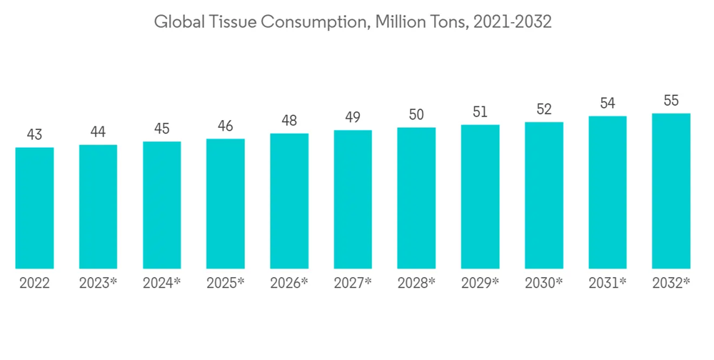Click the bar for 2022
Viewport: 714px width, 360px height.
(34, 208)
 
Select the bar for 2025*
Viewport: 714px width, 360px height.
(226, 204)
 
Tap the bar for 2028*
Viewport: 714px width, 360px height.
(416, 198)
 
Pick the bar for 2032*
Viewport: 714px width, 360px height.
(671, 191)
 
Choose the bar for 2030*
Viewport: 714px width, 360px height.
(544, 195)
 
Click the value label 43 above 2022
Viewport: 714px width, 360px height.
(34, 134)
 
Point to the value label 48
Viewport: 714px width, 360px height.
(289, 120)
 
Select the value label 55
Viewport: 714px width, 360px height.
(671, 100)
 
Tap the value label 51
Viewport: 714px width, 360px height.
(480, 111)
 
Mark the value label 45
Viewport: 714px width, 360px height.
(162, 129)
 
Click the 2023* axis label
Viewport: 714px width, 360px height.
(99, 283)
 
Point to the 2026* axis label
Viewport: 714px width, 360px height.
(289, 283)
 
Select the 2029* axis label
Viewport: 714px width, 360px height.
(480, 283)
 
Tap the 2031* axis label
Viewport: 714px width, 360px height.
(608, 283)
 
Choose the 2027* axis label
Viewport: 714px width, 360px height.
(353, 283)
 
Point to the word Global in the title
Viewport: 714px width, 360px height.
(178, 22)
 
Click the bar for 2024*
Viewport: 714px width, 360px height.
(162, 205)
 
